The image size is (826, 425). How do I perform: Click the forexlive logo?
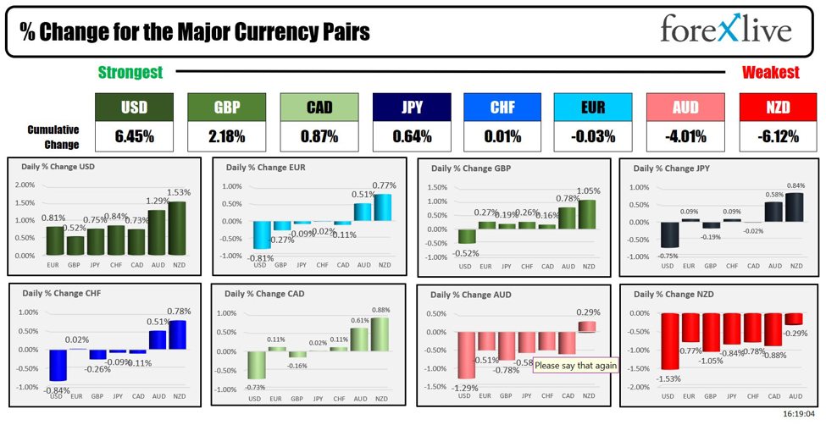coord(726,30)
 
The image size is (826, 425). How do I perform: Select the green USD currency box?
coord(134,108)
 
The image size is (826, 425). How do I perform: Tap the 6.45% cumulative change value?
coord(134,135)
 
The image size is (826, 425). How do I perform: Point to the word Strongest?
coord(130,73)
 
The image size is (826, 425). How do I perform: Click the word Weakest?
coord(770,73)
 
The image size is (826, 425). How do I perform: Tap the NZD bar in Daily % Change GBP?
coord(586,214)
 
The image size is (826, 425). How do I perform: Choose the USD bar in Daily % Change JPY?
coord(669,235)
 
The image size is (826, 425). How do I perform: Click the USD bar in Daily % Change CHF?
coord(58,365)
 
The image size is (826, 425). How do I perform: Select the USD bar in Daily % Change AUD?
coord(464,355)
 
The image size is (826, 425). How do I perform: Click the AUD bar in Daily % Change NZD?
coord(795,319)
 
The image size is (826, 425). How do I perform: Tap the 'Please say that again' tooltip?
coord(575,366)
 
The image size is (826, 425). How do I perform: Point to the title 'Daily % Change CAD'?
coord(264,294)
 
